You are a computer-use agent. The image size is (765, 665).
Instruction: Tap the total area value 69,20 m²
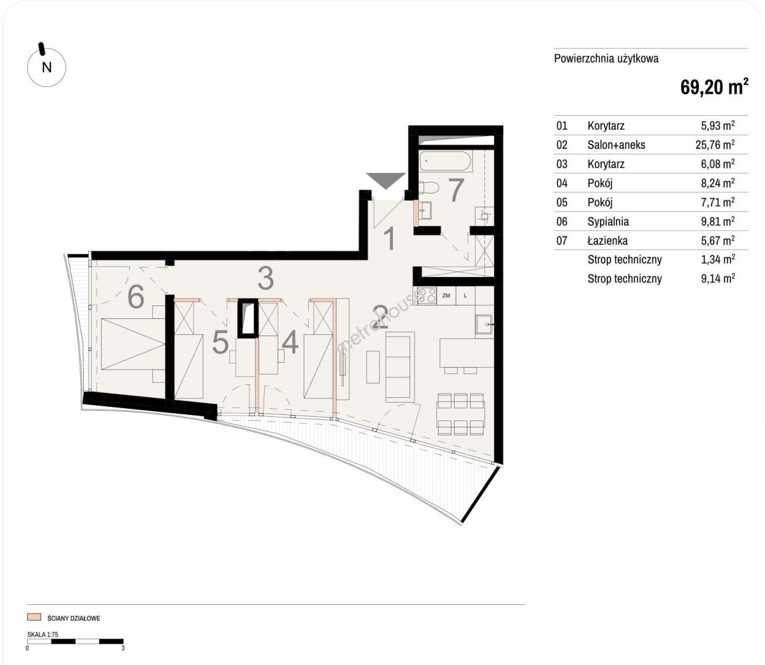point(714,87)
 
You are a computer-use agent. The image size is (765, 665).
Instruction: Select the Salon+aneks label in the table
point(616,145)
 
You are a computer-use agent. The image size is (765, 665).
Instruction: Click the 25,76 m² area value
point(715,145)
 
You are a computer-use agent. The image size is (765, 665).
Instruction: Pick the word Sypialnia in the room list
point(608,222)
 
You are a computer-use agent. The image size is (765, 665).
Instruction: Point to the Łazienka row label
point(607,240)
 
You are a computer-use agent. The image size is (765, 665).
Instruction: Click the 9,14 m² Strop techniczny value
point(718,278)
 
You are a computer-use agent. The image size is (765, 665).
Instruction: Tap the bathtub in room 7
point(446,161)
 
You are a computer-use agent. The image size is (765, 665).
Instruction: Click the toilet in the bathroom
point(429,187)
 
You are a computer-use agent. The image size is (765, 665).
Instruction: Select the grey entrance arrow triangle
point(386,181)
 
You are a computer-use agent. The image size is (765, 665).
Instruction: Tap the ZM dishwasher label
point(446,296)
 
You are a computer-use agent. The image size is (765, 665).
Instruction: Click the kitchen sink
point(484,324)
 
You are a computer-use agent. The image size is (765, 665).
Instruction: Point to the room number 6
point(136,297)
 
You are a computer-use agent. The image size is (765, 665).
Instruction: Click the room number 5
point(221,342)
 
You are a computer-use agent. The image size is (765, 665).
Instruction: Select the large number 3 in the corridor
point(266,278)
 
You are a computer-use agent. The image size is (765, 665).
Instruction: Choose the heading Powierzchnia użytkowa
point(606,58)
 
